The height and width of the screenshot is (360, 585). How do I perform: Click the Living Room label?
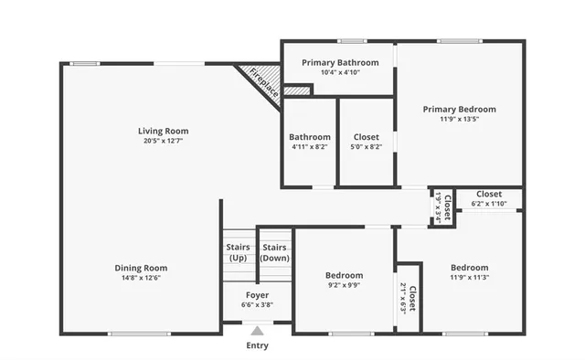click(x=163, y=131)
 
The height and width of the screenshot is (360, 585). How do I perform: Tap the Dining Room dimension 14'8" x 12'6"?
click(x=141, y=279)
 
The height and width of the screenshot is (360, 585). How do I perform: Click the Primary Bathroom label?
click(x=337, y=62)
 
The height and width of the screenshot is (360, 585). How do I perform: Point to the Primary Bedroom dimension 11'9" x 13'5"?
click(x=458, y=119)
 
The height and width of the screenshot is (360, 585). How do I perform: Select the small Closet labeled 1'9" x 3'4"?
click(x=441, y=206)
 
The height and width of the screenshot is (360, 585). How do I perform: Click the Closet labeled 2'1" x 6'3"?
click(x=408, y=298)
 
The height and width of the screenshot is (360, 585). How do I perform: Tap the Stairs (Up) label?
click(x=237, y=252)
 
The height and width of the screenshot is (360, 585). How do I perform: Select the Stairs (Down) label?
click(x=274, y=252)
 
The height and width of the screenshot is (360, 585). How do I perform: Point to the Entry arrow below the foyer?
click(x=258, y=332)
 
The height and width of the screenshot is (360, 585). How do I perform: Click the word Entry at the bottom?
click(x=258, y=346)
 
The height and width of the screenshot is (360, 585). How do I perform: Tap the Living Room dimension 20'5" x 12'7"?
click(x=163, y=141)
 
